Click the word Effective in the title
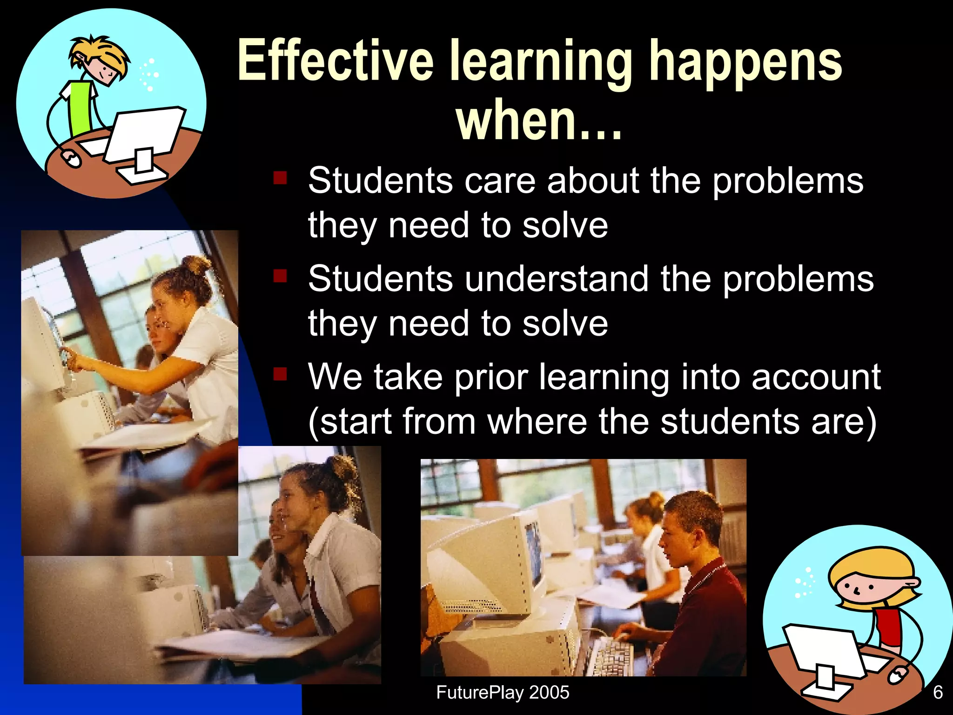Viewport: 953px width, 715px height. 335,61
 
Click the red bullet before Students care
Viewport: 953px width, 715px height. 280,178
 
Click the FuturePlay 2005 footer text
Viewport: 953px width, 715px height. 503,692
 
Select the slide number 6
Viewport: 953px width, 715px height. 938,692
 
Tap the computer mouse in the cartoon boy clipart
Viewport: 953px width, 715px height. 71,158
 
